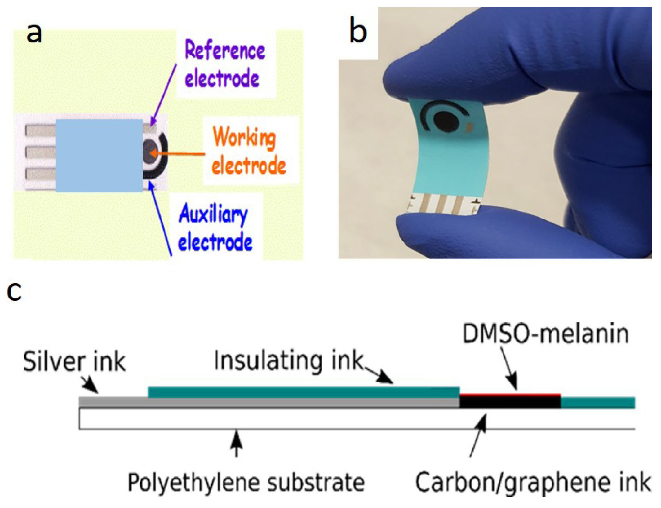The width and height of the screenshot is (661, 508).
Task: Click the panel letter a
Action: point(34,33)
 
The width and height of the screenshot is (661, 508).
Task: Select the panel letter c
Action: point(14,291)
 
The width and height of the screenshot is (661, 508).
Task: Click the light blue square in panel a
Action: point(99,156)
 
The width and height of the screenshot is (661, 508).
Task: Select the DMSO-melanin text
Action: point(545,334)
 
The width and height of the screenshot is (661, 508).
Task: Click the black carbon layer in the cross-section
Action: point(510,402)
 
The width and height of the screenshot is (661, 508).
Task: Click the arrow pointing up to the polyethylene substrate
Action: point(237,444)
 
